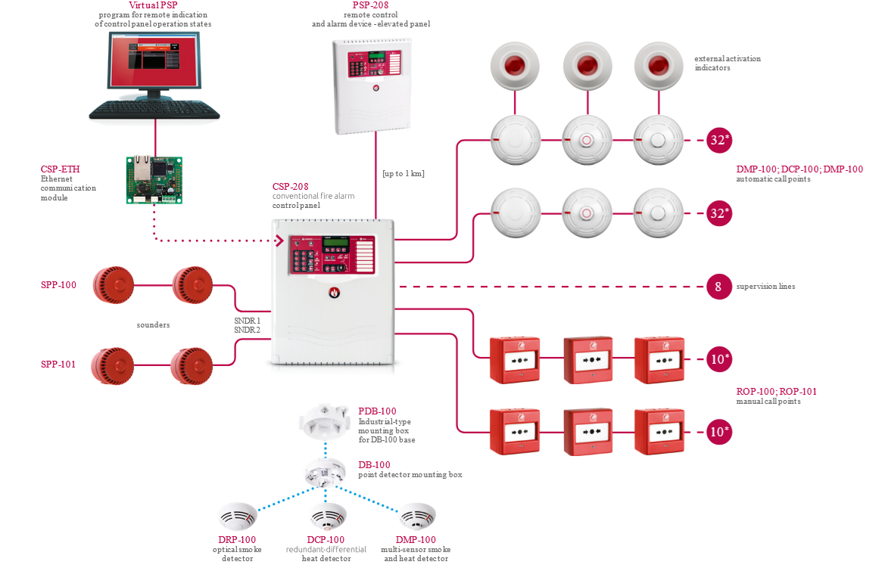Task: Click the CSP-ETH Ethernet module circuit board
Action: (155, 179)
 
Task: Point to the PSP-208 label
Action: (371, 5)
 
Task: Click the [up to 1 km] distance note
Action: (404, 174)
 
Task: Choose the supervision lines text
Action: (765, 287)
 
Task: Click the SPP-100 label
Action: (58, 285)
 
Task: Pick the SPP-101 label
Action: (58, 365)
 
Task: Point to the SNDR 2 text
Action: (248, 330)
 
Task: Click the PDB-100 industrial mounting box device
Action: (324, 424)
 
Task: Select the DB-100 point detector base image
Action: (326, 473)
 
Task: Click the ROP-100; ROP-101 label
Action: (776, 392)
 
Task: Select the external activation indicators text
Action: (727, 63)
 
